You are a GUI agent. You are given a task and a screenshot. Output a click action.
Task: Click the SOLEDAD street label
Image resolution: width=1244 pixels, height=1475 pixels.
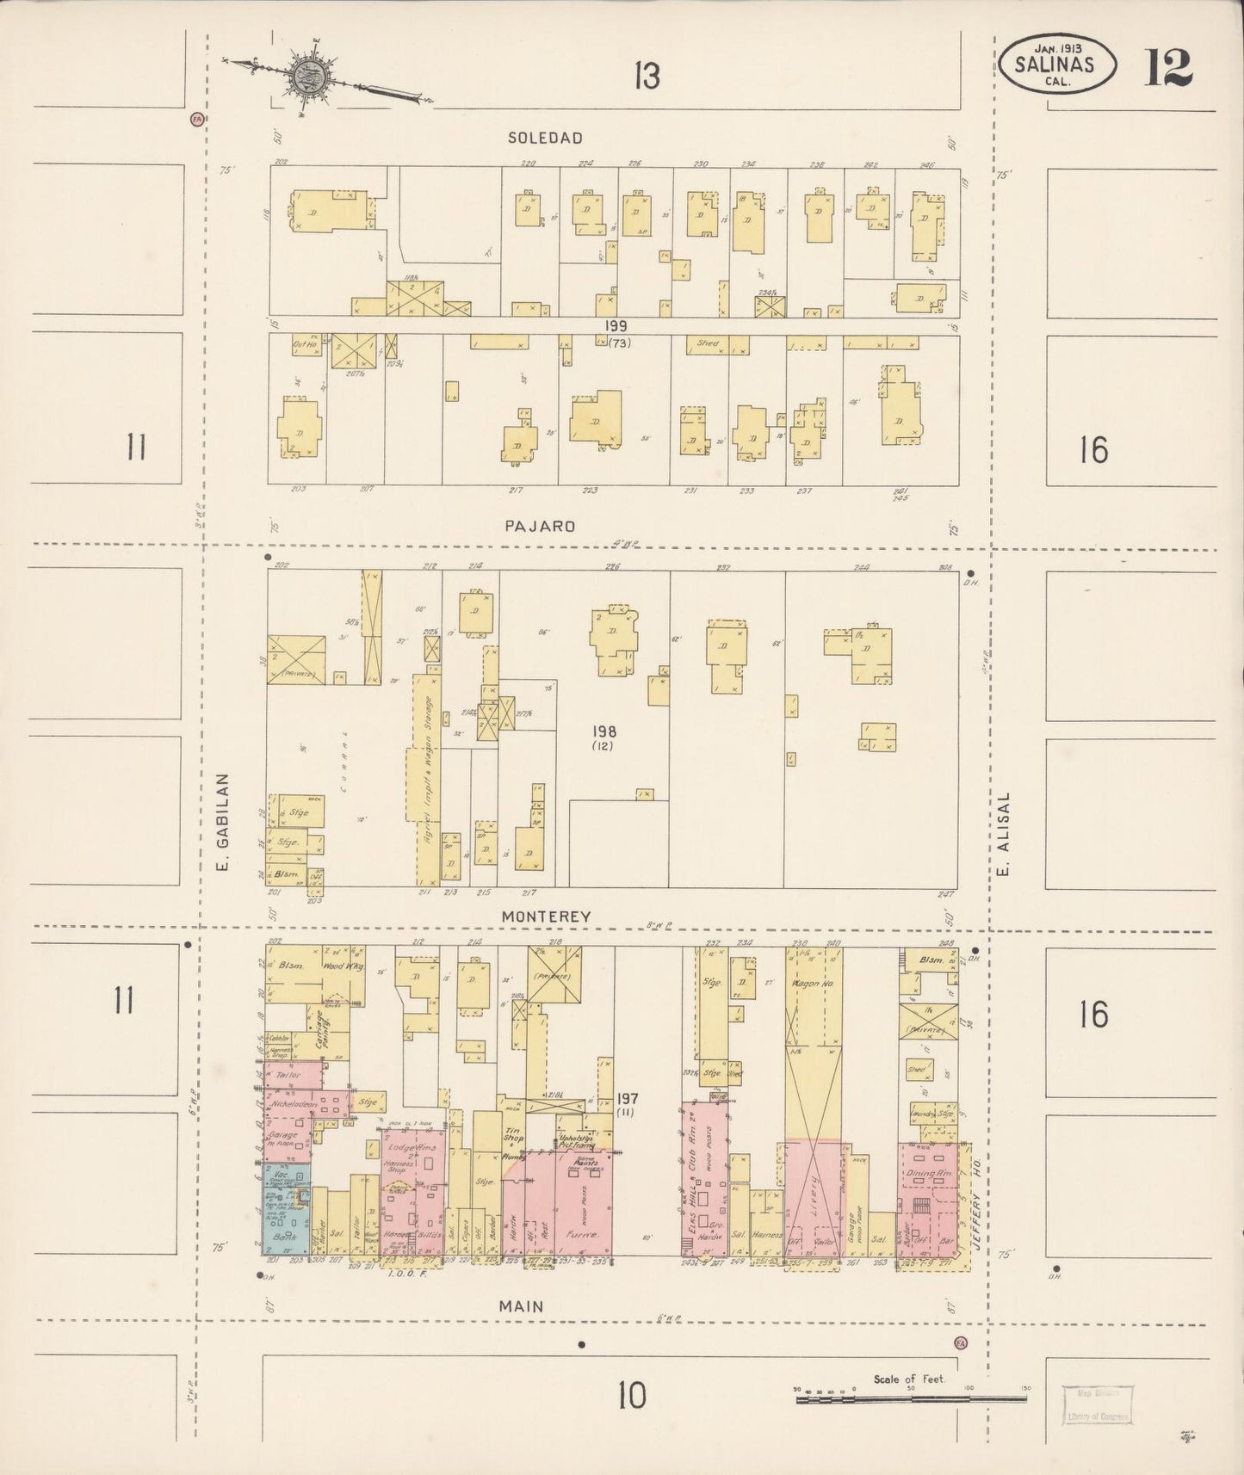coord(545,138)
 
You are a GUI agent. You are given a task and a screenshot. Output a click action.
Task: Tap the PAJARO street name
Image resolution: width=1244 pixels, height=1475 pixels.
coord(540,526)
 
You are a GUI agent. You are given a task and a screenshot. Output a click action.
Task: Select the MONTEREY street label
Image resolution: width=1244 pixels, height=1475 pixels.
coord(546,917)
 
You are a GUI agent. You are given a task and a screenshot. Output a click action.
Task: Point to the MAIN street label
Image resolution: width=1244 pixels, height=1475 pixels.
coord(522,1305)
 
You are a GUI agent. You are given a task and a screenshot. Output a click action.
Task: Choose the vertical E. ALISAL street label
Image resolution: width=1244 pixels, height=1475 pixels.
coord(1003,833)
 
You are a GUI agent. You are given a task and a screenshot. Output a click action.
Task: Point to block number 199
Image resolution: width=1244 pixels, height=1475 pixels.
coord(616,326)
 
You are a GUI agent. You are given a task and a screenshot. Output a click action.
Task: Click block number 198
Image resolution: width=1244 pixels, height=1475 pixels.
coord(603,731)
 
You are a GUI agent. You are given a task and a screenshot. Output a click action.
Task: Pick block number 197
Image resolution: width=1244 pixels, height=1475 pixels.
coord(628,1098)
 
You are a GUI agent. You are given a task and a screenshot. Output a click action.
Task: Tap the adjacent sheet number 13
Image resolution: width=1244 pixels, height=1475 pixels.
coord(647,77)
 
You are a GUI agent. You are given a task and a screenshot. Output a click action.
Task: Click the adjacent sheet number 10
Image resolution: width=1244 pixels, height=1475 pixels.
coord(631,1396)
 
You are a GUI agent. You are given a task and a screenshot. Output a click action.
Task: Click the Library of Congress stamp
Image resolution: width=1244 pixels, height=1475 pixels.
coord(1097,1406)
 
